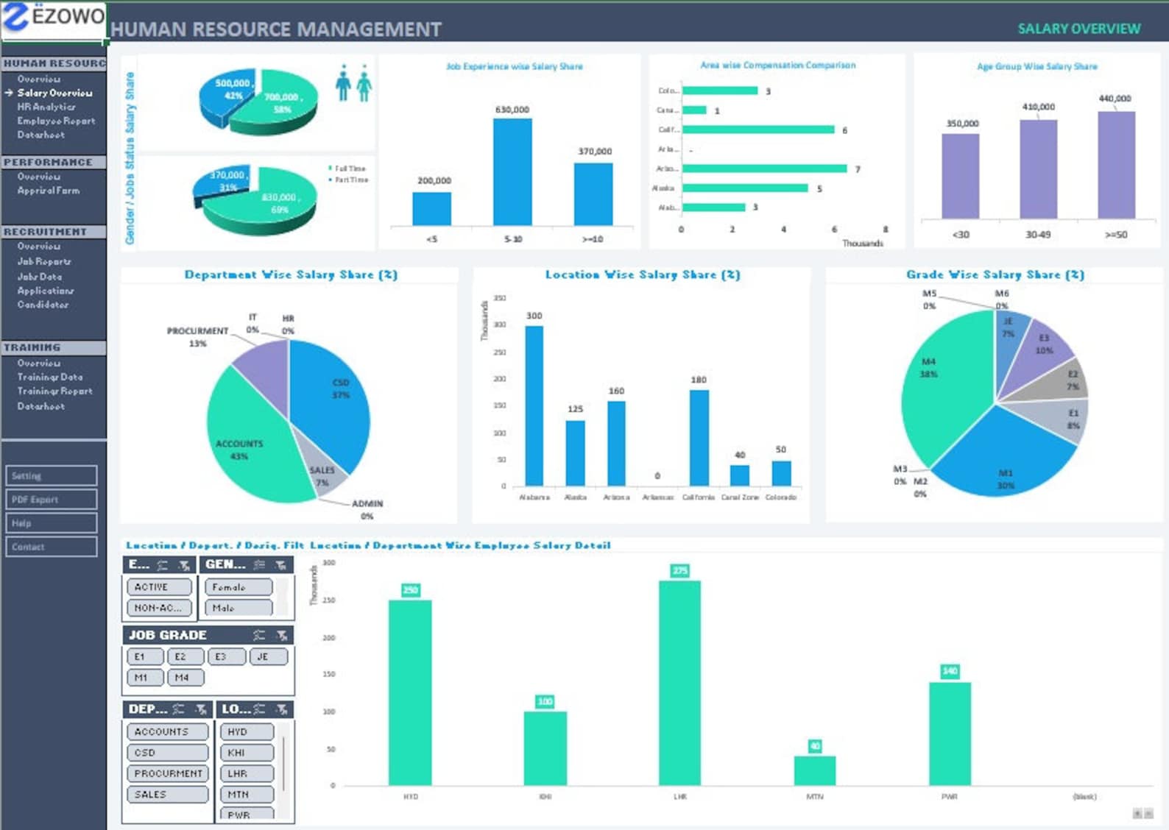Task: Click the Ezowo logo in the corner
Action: click(x=54, y=19)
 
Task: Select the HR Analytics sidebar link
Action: click(x=46, y=107)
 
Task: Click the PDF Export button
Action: click(x=52, y=500)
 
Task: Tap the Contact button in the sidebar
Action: click(x=52, y=547)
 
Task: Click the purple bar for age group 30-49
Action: click(x=1038, y=169)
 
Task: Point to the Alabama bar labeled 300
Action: click(x=534, y=405)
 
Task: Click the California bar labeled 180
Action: click(x=699, y=437)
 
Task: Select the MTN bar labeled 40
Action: click(x=814, y=770)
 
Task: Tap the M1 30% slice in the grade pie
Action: click(x=1001, y=456)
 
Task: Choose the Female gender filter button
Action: click(x=238, y=587)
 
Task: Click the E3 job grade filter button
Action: click(x=227, y=656)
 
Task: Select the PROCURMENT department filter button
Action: click(x=167, y=773)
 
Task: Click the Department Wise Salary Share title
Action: click(x=291, y=274)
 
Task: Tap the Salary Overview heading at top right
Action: click(x=1078, y=29)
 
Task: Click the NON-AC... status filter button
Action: click(x=159, y=608)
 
